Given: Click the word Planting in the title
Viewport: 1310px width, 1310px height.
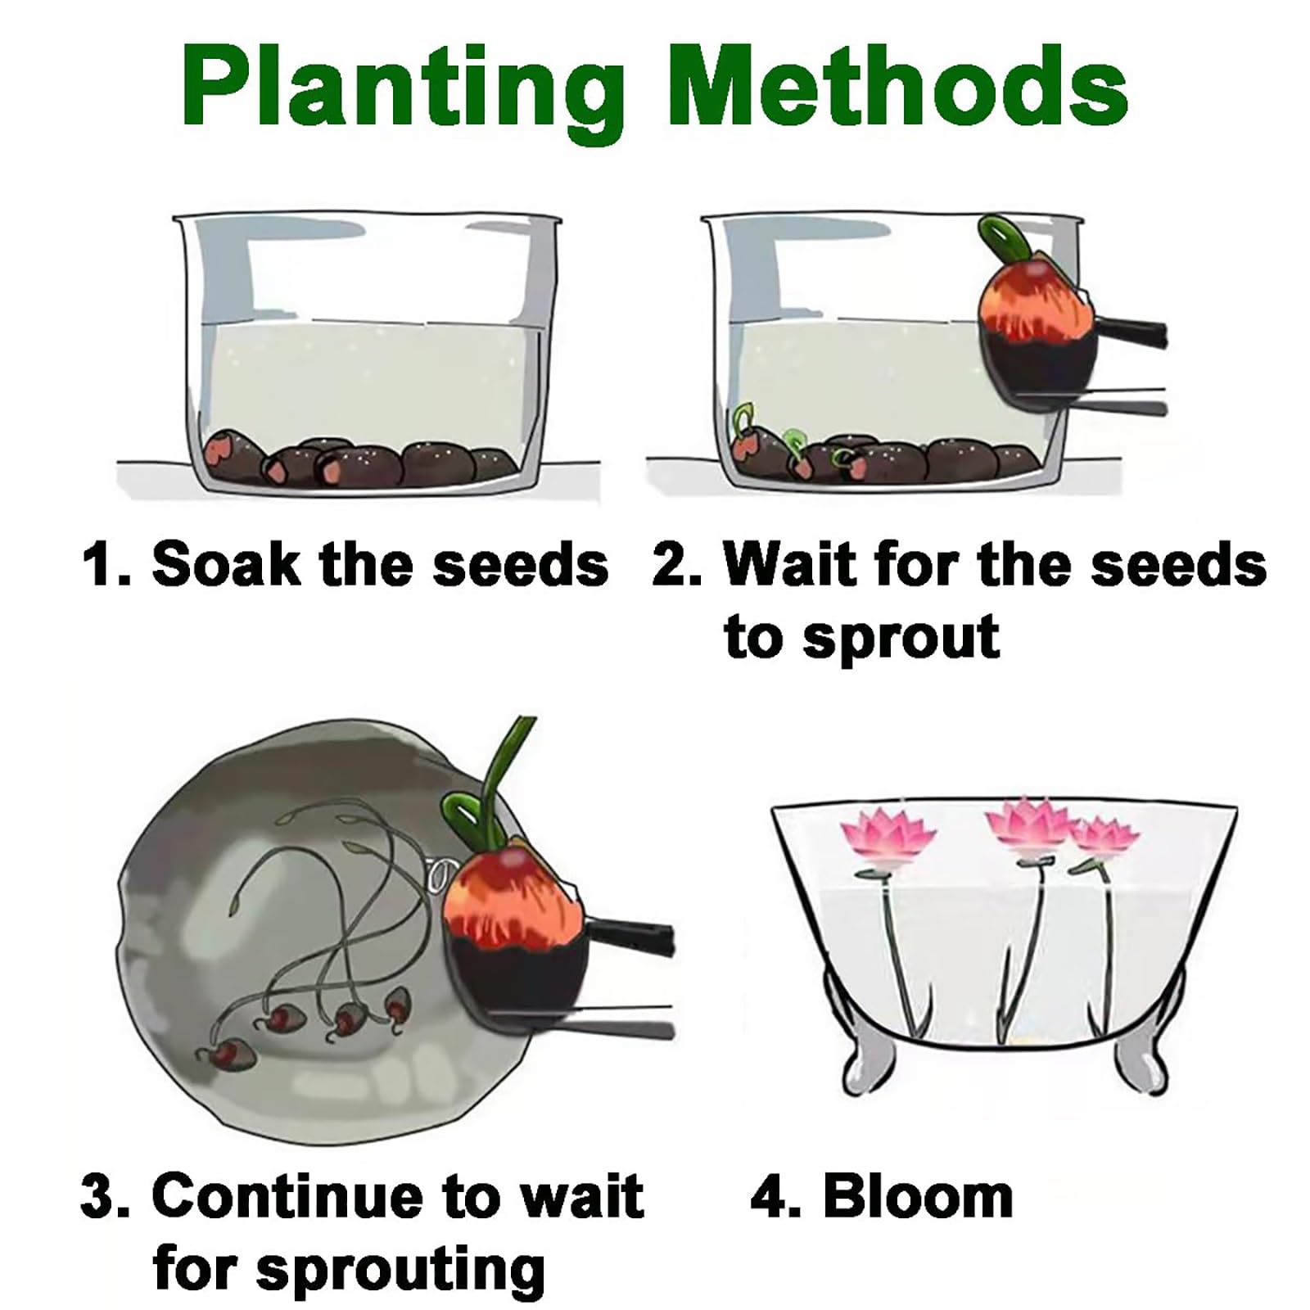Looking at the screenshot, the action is (403, 88).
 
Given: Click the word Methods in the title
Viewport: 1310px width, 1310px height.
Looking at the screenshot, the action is (898, 83).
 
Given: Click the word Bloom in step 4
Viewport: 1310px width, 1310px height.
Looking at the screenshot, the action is (918, 1196).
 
